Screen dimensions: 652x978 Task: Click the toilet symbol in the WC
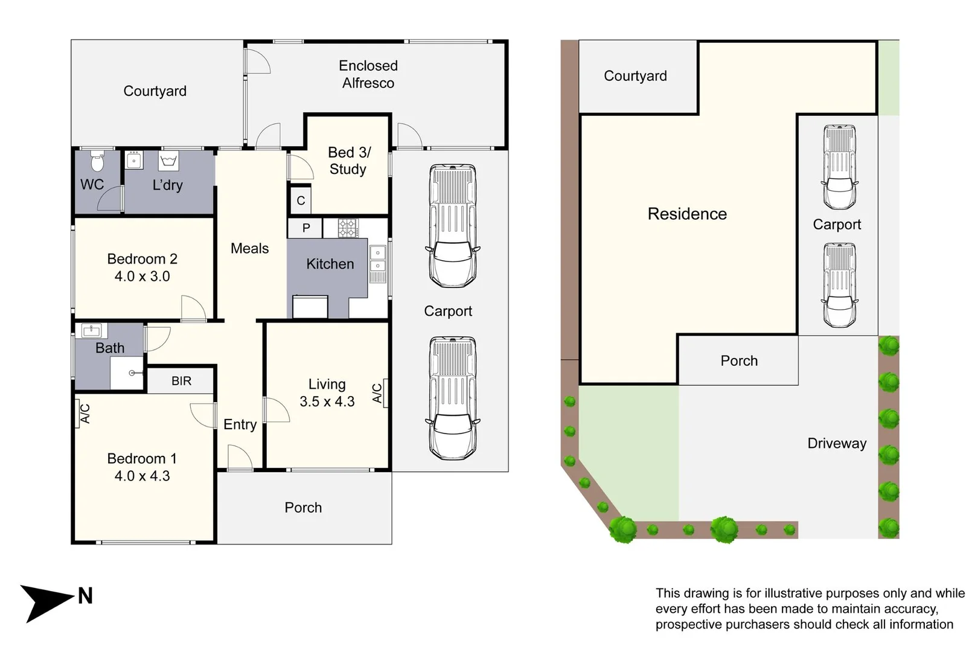[x=97, y=161]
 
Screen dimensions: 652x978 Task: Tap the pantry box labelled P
[x=305, y=228]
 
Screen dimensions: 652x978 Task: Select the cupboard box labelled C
[x=301, y=200]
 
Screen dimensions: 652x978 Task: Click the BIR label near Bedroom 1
[x=181, y=381]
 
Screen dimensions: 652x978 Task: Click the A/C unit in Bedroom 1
[x=83, y=413]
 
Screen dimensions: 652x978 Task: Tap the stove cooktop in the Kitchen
[x=348, y=228]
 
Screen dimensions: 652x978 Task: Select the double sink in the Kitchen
[x=377, y=260]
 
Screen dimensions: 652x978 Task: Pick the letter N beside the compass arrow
[x=85, y=596]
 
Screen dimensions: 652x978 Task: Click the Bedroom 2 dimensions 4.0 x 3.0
[x=142, y=276]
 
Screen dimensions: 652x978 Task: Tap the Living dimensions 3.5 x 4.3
[x=327, y=401]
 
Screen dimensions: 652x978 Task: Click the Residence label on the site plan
[x=687, y=214]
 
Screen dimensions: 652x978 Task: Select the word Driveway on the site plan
[x=837, y=443]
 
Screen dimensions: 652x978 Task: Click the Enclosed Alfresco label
[x=368, y=74]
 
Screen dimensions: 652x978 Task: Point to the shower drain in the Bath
[x=132, y=373]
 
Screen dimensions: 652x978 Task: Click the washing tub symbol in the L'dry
[x=168, y=161]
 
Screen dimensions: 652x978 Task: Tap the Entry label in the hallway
[x=240, y=424]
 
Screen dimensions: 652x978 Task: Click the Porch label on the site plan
[x=739, y=360]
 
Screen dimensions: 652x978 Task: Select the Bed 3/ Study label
[x=348, y=161]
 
